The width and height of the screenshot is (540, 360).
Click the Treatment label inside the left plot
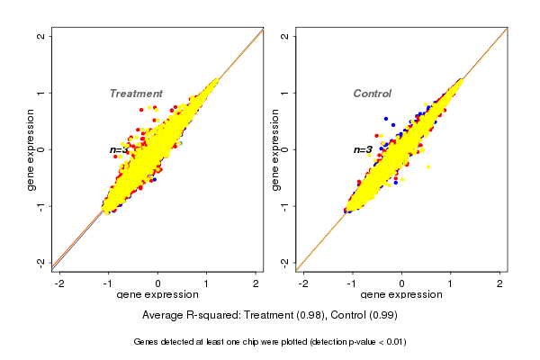click(x=136, y=94)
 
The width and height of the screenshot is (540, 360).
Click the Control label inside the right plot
click(x=372, y=94)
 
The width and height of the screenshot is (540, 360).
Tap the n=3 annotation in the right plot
click(x=363, y=149)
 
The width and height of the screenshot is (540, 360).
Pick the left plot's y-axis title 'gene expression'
click(x=31, y=149)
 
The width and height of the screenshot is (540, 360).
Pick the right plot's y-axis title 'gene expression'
click(x=275, y=149)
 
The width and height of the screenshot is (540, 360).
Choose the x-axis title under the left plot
click(x=157, y=294)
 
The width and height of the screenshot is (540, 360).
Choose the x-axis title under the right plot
click(x=401, y=294)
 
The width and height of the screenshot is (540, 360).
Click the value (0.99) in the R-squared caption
click(x=382, y=316)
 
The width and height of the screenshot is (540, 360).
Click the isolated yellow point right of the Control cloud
click(x=428, y=166)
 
